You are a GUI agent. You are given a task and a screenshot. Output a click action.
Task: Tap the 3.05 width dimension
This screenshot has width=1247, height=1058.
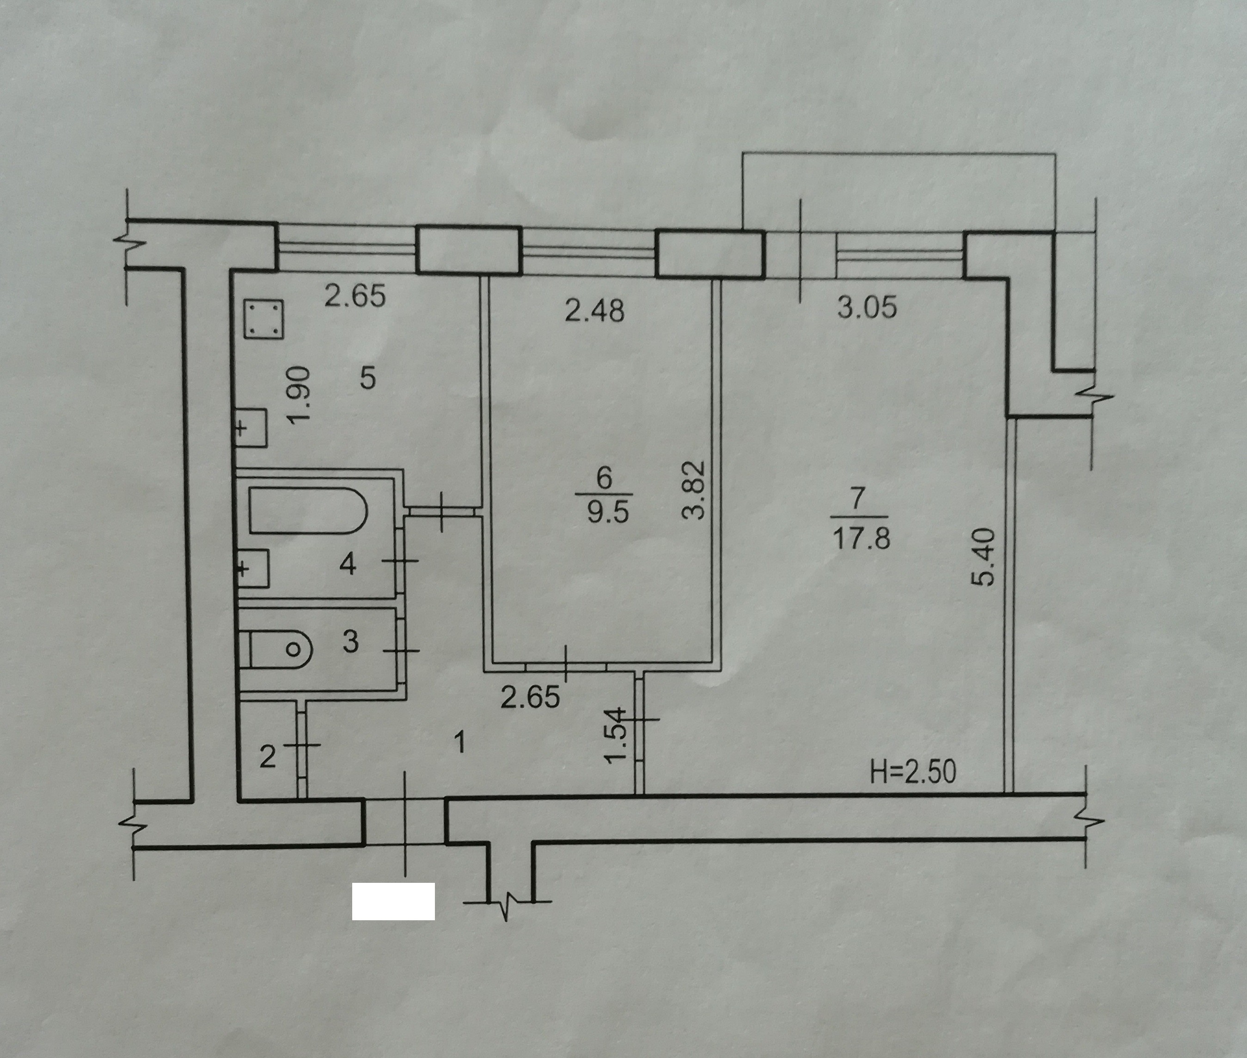(x=868, y=307)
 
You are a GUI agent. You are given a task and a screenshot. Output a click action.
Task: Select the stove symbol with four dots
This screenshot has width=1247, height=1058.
(x=264, y=320)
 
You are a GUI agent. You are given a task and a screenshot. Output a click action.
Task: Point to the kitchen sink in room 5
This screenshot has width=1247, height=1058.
(x=251, y=428)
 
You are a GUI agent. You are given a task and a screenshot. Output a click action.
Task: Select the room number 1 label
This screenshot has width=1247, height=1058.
(x=461, y=744)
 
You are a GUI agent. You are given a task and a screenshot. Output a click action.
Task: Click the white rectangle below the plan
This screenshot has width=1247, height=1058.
(x=393, y=901)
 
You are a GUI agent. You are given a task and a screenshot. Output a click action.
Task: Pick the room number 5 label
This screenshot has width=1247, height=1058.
(x=368, y=379)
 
